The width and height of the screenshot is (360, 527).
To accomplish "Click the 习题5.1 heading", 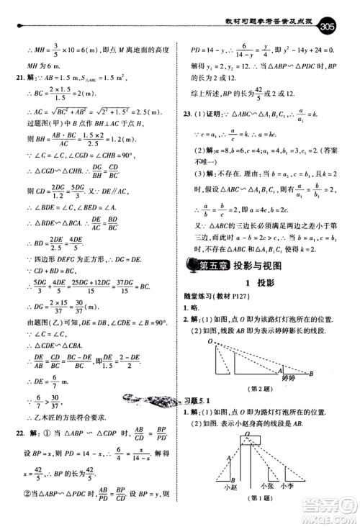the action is pos(196,401).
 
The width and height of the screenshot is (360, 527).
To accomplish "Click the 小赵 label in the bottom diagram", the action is pos(230,486).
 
